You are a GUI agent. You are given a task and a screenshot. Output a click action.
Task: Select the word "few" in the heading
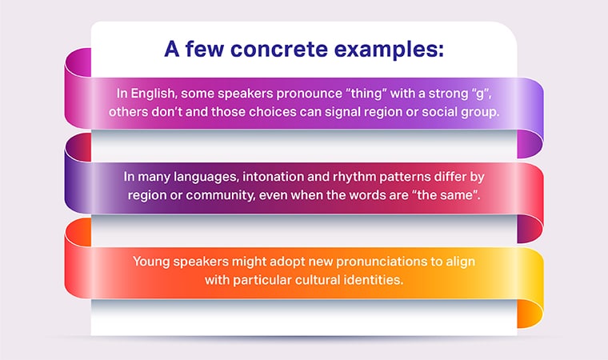pyautogui.click(x=202, y=50)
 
